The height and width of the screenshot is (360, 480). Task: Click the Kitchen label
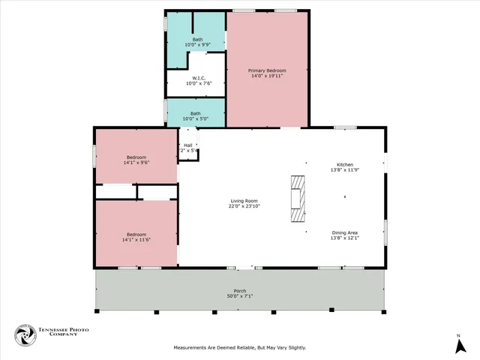coord(344,164)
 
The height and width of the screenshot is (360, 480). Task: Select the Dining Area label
coord(344,232)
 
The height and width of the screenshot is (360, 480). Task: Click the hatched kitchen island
coord(298,199)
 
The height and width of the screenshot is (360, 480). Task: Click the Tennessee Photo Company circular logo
coord(25,335)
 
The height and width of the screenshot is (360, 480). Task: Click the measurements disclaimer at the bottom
coord(240,347)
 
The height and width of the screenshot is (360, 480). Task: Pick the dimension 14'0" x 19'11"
coord(267,76)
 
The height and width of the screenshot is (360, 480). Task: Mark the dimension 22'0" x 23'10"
coord(244,206)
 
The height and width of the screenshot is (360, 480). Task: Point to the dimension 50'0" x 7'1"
coord(241,296)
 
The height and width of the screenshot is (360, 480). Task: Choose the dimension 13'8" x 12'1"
coord(344,238)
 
